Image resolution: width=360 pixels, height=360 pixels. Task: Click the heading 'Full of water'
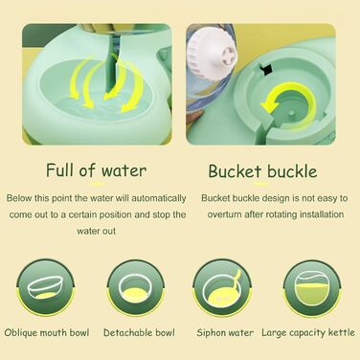point(96,171)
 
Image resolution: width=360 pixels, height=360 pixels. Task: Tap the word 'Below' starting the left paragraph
point(19,197)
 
